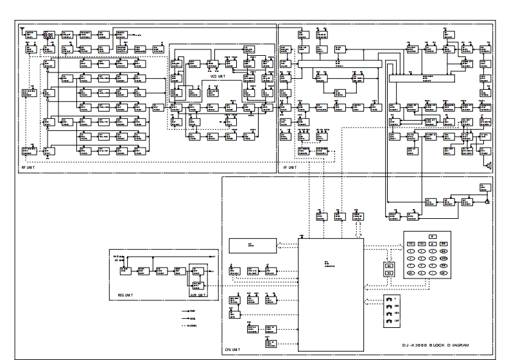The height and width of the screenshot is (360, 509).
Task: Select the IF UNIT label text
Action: [x=289, y=167]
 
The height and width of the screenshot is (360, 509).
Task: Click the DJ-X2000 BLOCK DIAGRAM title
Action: [x=431, y=345]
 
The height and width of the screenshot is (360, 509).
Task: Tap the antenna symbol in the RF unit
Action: [x=24, y=30]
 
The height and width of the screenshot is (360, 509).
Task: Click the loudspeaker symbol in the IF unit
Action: [x=489, y=165]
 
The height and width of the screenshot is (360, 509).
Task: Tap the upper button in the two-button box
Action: [x=388, y=265]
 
